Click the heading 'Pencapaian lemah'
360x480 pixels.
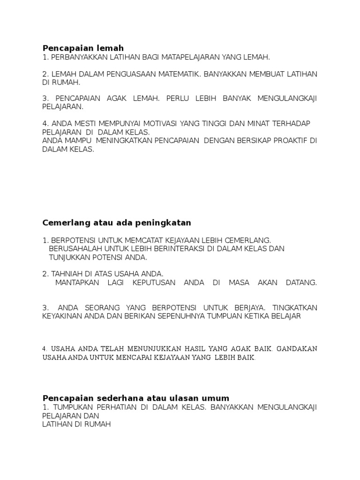[x=83, y=48]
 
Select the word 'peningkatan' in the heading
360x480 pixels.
[x=166, y=223]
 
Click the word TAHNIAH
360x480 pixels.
[x=67, y=274]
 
